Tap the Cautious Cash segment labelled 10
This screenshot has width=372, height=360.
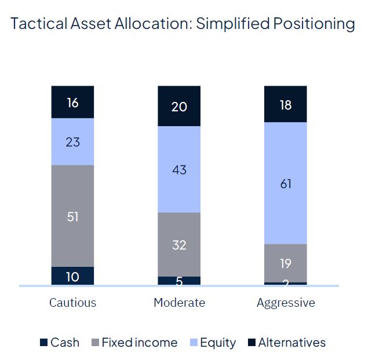pos(72,276)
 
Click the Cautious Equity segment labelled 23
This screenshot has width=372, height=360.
pos(72,141)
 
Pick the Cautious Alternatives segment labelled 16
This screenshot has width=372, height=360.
pos(72,102)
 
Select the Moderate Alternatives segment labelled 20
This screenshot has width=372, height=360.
pos(179,106)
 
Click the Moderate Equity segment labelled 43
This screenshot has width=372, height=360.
pos(179,169)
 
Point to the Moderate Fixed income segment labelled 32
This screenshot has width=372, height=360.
pos(179,244)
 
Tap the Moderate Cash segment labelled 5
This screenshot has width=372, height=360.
pos(179,281)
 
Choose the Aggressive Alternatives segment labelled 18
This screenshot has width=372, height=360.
pos(286,104)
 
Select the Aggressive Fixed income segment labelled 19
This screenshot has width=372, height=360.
pos(286,263)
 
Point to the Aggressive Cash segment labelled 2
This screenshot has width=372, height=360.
pos(286,284)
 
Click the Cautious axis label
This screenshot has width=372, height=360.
pos(72,303)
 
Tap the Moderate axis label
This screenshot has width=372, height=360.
pos(179,303)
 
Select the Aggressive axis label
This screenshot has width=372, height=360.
pos(286,303)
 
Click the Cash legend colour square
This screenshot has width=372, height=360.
pos(43,343)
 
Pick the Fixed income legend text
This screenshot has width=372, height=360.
pos(139,343)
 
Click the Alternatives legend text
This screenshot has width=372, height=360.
pos(291,343)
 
